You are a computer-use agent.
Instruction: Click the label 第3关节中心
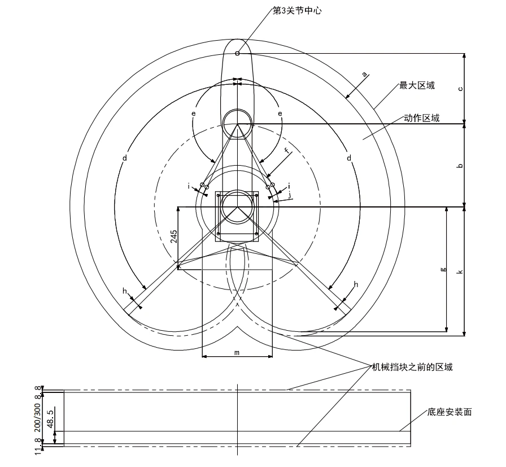[297, 11]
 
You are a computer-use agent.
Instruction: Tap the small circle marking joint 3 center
[237, 53]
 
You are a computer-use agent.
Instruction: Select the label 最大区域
[417, 85]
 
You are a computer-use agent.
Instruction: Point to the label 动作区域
[421, 118]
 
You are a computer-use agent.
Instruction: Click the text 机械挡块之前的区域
[412, 367]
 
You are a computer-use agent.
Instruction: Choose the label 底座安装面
[449, 412]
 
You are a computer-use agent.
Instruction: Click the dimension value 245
[173, 236]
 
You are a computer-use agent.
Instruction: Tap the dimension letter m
[237, 353]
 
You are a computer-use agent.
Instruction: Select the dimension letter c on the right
[460, 89]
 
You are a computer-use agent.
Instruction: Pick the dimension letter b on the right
[460, 165]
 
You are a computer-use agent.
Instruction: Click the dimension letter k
[460, 271]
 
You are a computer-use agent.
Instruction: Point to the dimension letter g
[443, 269]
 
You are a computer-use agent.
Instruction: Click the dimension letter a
[365, 75]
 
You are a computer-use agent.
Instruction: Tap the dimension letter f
[286, 150]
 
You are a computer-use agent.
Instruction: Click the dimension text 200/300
[37, 417]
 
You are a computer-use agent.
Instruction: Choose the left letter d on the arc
[125, 158]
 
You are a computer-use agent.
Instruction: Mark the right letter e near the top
[280, 114]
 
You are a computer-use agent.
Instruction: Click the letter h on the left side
[125, 291]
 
